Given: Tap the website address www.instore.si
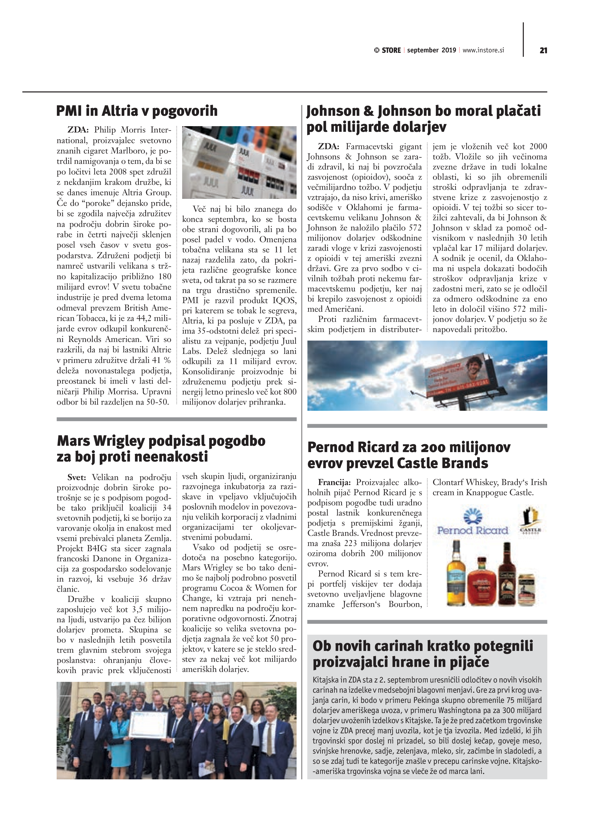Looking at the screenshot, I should [483, 50].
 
